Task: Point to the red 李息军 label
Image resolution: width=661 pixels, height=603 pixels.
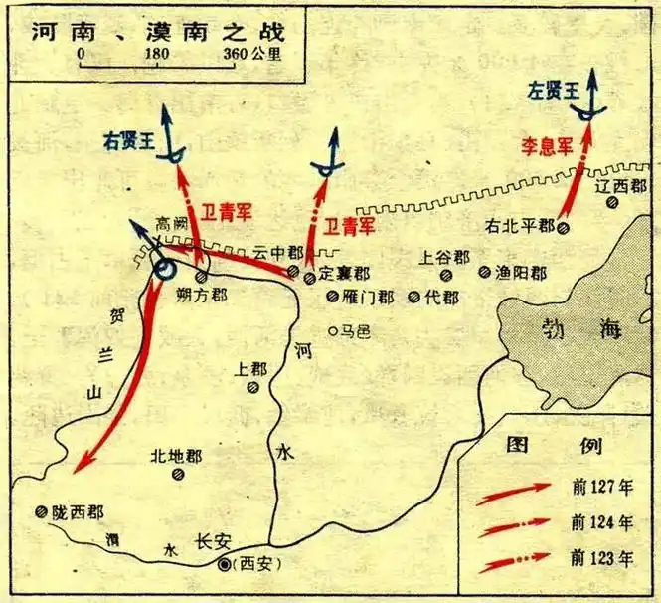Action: click(548, 147)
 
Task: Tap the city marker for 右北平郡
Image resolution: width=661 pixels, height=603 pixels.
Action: click(563, 227)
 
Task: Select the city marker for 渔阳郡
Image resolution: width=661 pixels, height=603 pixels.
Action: click(484, 271)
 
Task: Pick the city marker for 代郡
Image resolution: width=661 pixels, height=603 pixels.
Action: click(416, 297)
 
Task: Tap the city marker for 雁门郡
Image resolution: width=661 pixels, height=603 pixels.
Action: click(332, 297)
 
